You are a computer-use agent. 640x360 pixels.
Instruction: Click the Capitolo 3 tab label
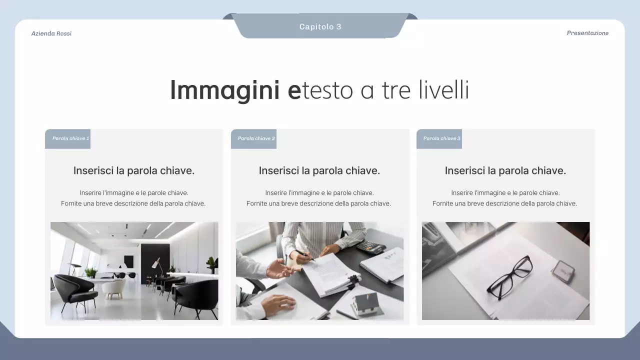point(320,26)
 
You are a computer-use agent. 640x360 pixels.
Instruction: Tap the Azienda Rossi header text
point(51,33)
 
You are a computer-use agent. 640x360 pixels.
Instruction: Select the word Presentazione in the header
point(587,33)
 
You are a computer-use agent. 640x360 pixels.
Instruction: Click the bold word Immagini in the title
point(224,90)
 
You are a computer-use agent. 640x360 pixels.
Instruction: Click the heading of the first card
point(134,170)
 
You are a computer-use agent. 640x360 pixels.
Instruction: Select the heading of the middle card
point(319,170)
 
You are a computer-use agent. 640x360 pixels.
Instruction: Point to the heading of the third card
point(505,170)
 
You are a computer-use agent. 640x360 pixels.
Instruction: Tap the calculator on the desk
point(370,246)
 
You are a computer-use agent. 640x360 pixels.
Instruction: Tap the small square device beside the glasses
point(562,270)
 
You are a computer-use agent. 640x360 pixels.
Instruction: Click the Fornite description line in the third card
point(504,203)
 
